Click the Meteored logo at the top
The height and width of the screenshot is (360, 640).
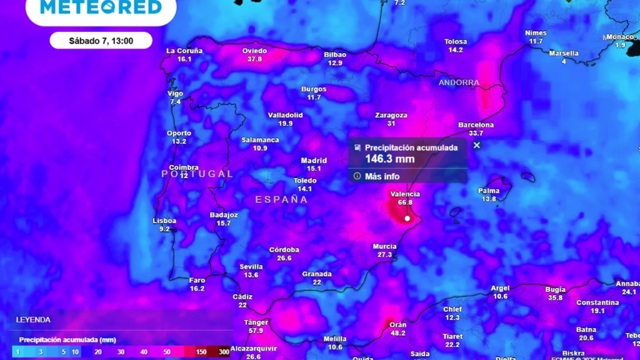tap(101, 7)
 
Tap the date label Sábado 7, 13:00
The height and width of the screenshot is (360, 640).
tap(101, 41)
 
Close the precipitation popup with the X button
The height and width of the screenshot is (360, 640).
tap(477, 145)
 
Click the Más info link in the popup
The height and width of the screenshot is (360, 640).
tap(382, 176)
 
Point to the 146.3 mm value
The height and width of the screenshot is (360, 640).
tap(389, 159)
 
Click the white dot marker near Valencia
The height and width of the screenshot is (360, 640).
tap(407, 218)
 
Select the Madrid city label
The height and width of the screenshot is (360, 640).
tap(314, 160)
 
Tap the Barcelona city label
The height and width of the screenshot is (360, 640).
tap(476, 125)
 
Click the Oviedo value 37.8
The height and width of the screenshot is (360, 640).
tap(254, 59)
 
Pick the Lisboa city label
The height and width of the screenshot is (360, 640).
tap(164, 221)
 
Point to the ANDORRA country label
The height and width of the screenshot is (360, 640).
tap(459, 82)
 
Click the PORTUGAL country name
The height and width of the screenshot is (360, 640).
tap(197, 174)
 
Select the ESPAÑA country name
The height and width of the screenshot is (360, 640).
tap(281, 199)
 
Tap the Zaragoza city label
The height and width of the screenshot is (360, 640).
tap(391, 115)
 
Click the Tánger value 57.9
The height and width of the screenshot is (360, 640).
tap(255, 330)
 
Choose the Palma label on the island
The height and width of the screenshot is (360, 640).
tap(488, 190)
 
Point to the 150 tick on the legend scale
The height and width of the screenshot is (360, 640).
tap(201, 352)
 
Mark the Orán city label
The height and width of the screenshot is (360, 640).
tap(398, 324)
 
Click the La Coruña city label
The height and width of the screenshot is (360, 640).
tap(184, 50)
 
